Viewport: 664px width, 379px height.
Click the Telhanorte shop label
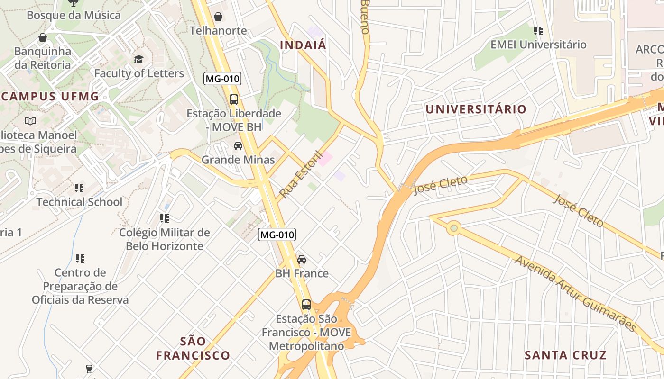pos(218,31)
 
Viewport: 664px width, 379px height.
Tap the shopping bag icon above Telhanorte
pos(218,17)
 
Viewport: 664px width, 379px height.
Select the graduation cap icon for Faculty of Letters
pos(138,59)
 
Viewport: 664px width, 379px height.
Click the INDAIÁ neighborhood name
pos(303,45)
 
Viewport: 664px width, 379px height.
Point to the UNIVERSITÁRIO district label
pos(476,109)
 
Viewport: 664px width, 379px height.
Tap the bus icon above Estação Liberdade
pos(234,99)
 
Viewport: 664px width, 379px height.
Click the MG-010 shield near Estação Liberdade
pos(222,79)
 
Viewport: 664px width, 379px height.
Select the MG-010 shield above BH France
pos(277,234)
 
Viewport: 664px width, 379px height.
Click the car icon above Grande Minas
pos(238,145)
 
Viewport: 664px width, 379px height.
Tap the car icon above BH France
pos(302,260)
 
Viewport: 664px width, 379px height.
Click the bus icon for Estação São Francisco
pos(306,304)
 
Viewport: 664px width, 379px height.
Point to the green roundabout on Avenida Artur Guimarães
pos(454,229)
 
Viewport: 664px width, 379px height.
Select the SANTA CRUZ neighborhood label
pos(565,355)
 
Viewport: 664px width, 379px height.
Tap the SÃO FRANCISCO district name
pos(193,348)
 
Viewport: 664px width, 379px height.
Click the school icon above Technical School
pos(79,188)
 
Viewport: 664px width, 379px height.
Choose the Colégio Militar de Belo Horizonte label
pos(164,239)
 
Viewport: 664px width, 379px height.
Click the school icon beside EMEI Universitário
pos(538,31)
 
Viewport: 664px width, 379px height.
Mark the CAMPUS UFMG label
pos(49,97)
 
